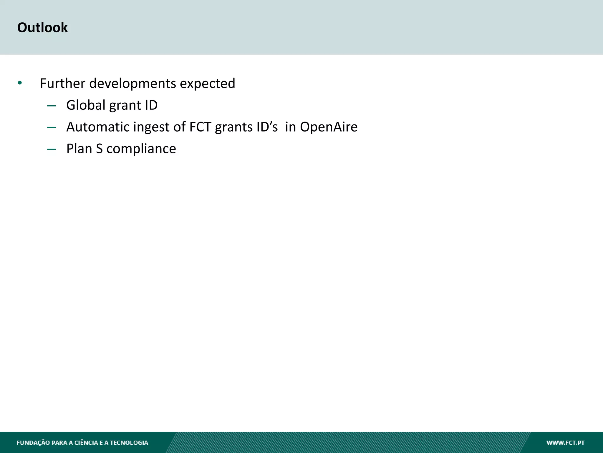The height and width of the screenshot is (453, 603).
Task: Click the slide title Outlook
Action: pos(42,27)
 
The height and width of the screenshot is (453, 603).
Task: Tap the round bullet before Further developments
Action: pos(20,83)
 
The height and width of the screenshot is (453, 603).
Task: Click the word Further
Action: pos(62,83)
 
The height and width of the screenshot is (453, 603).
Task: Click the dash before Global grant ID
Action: pos(51,106)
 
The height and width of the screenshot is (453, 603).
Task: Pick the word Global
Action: pos(86,105)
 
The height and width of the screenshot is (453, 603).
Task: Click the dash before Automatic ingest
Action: pos(51,127)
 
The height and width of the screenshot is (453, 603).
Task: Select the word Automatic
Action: pos(98,127)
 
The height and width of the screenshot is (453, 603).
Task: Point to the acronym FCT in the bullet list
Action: pos(200,127)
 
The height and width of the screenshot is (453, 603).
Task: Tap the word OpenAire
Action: pos(329,127)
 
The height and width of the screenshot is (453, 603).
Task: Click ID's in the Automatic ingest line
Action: pos(267,127)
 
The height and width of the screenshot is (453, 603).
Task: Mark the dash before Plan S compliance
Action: pos(51,149)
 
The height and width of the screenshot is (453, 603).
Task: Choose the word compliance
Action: pos(141,149)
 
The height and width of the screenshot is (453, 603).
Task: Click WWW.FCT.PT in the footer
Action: pos(565,443)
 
